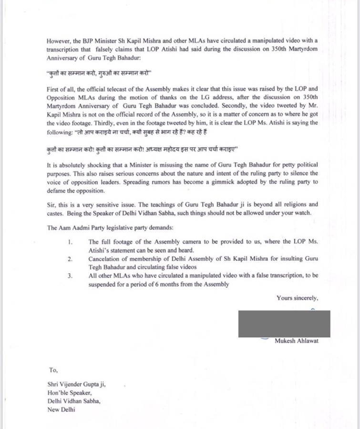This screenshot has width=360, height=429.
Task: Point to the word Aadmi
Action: (84, 228)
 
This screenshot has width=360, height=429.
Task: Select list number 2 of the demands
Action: (70, 259)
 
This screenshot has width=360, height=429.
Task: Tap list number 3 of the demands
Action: (70, 276)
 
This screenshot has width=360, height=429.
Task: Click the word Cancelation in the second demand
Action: (106, 259)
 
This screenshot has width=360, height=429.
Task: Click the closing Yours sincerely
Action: (297, 298)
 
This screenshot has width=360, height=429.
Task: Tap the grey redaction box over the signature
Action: (284, 324)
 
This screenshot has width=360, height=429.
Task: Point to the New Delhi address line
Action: (61, 409)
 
